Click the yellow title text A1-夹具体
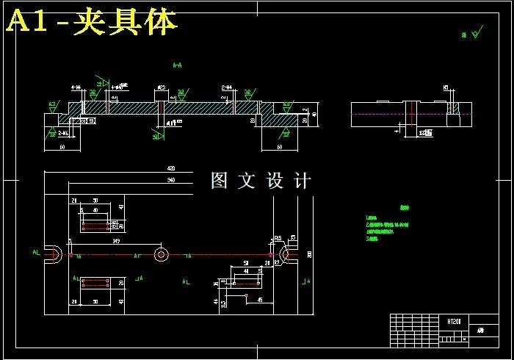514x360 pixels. [x=92, y=22]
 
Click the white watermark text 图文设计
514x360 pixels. [x=261, y=181]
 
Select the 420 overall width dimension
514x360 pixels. [x=171, y=168]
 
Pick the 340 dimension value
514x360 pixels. [x=171, y=179]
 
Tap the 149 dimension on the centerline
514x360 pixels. [x=115, y=240]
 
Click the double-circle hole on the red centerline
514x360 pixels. [x=162, y=254]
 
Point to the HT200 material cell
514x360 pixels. [x=454, y=321]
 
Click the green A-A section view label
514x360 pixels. [x=177, y=65]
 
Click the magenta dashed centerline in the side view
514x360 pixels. [x=382, y=114]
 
